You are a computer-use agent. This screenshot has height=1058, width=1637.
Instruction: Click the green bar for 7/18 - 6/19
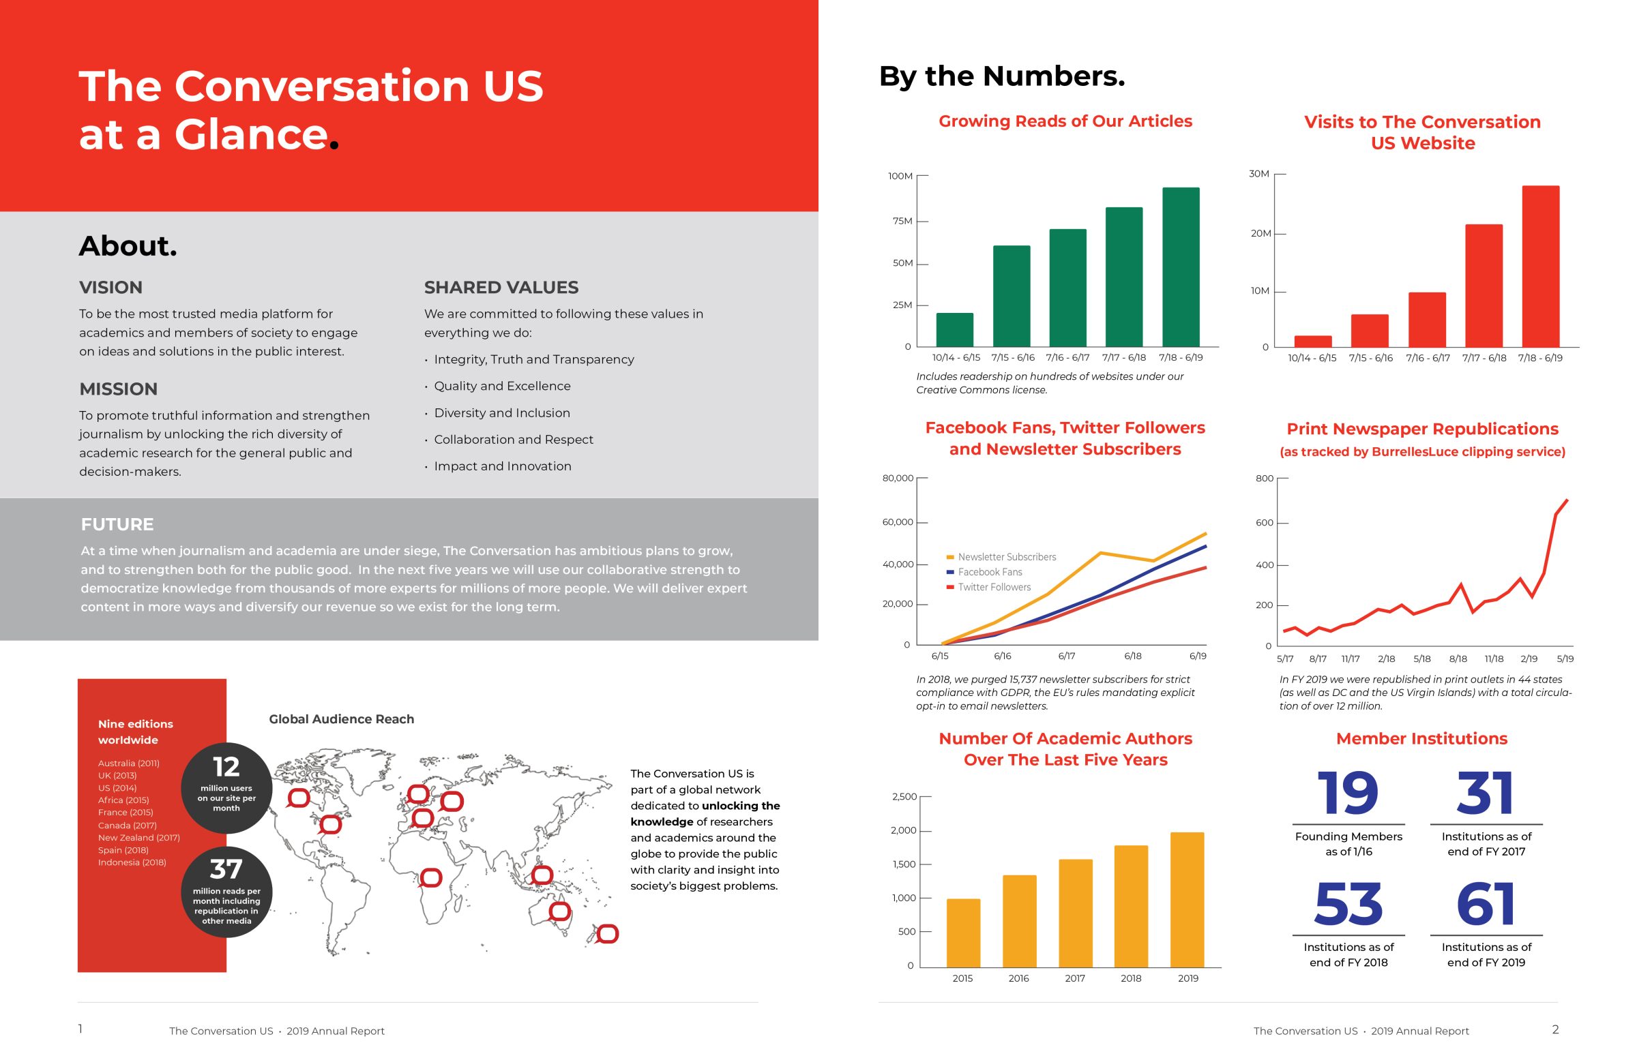[1180, 267]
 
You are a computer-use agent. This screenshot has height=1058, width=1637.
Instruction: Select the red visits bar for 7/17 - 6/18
[1483, 285]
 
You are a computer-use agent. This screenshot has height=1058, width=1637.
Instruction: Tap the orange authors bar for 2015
[963, 933]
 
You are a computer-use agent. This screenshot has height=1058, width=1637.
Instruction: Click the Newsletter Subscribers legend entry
[1001, 556]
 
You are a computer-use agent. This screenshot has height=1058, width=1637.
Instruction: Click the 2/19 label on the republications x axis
[1529, 658]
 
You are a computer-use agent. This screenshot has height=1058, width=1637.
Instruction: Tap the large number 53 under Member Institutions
[1348, 903]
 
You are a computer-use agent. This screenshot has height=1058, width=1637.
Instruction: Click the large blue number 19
[1348, 793]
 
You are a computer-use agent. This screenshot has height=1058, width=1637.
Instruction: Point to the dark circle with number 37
[226, 892]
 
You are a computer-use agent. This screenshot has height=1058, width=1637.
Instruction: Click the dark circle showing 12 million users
[226, 788]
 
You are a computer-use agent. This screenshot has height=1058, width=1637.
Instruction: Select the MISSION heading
[118, 389]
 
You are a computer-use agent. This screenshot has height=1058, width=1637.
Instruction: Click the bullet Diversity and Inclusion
[502, 413]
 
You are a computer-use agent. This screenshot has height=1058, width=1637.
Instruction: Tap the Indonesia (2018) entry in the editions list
[132, 862]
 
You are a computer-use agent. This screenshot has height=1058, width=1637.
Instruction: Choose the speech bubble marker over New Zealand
[607, 934]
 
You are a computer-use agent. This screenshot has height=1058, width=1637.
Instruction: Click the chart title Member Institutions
[1421, 738]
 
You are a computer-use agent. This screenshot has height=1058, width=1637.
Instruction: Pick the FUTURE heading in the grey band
[117, 524]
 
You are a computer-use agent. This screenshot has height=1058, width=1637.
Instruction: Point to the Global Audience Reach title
[342, 719]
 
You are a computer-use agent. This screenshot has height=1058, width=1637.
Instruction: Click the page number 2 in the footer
[1555, 1029]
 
